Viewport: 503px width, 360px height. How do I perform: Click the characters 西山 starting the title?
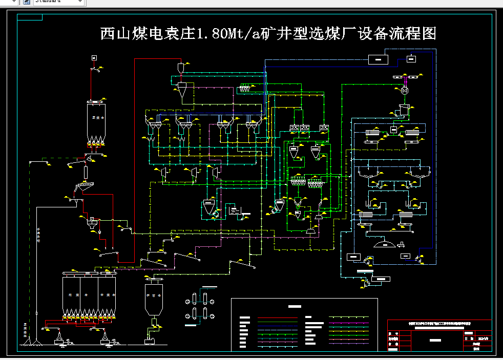click(114, 34)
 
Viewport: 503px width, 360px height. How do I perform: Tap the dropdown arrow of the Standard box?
click(79, 2)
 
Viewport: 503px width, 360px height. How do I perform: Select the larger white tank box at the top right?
click(379, 59)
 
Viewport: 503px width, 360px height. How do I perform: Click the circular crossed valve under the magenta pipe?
click(405, 90)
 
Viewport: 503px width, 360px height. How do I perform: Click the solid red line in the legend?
click(277, 319)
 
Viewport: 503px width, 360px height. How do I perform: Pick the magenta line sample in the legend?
click(349, 323)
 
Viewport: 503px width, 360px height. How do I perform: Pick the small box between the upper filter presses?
click(393, 130)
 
